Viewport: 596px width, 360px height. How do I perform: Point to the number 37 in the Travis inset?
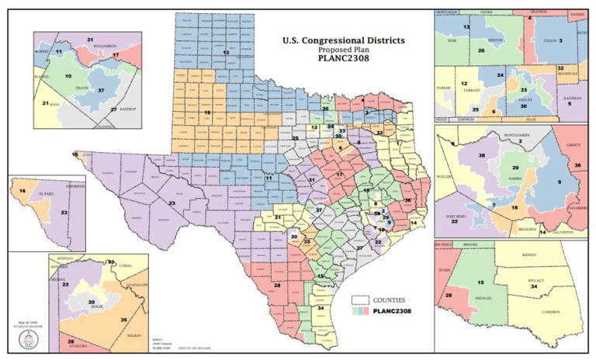point(102,89)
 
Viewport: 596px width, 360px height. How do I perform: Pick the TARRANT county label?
point(470,89)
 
